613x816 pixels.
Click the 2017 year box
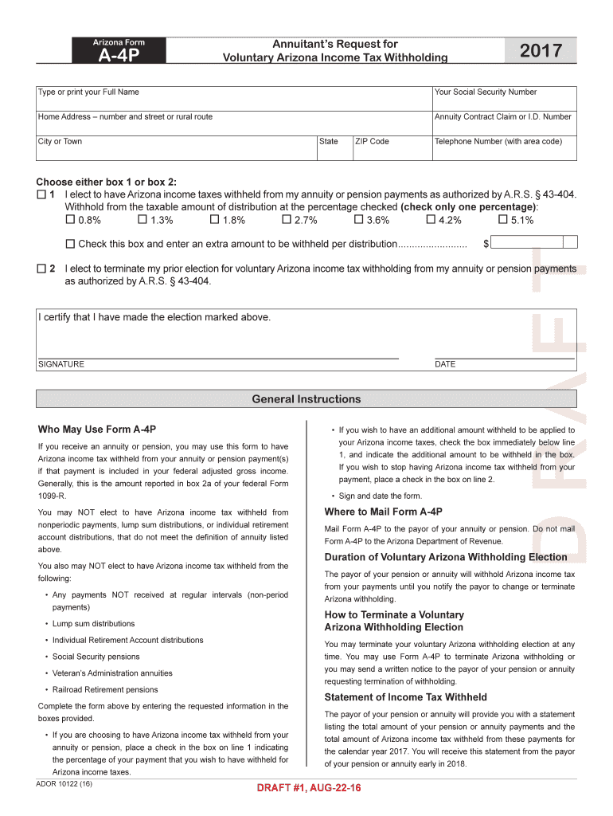[541, 52]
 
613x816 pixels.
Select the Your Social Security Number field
[503, 98]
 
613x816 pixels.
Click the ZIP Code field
[390, 147]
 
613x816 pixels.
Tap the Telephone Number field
[503, 147]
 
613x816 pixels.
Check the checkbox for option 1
[41, 194]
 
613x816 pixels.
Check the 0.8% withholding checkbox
[70, 220]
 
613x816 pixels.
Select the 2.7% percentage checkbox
[287, 220]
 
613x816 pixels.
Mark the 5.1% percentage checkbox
[503, 220]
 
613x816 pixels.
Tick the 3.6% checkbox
[359, 220]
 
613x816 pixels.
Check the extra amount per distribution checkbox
[70, 244]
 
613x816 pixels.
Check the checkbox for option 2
[41, 269]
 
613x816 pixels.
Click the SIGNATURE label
[61, 364]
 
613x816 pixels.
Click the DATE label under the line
[445, 364]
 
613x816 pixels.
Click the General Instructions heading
[306, 399]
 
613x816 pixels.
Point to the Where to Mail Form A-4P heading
[383, 512]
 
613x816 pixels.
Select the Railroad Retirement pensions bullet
[105, 689]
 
